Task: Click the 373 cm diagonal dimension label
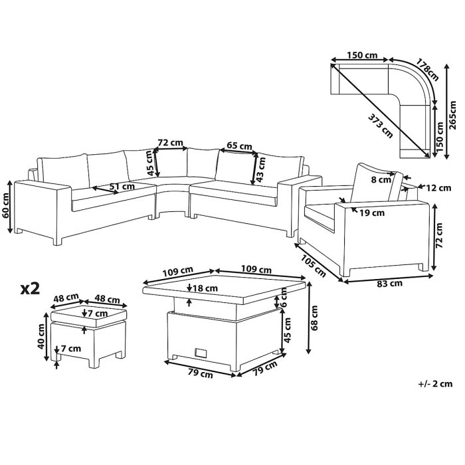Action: pos(381,126)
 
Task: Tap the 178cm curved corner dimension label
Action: pos(427,70)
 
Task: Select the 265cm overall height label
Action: pos(452,116)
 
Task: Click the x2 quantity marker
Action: pos(30,288)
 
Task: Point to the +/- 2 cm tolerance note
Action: pos(435,384)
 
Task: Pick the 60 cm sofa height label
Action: pos(6,205)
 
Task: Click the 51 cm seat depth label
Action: pos(122,187)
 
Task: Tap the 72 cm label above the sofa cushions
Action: pos(170,143)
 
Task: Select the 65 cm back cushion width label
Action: pos(239,146)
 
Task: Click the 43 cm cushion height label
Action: pos(260,169)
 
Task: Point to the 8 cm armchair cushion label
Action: pos(381,180)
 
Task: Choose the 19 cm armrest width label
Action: pos(372,213)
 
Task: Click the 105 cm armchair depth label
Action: pos(314,266)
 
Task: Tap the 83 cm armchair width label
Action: pos(390,284)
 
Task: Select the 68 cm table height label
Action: pos(315,318)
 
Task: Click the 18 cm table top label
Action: pos(205,288)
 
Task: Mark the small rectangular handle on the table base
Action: pos(201,353)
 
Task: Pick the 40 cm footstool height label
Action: pos(41,336)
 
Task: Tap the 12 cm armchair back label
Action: pos(438,188)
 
